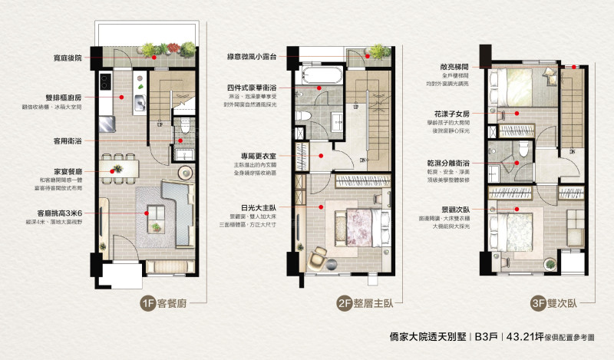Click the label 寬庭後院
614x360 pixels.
pos(77,58)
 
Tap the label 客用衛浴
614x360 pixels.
pos(75,140)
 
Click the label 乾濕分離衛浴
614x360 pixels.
pos(445,163)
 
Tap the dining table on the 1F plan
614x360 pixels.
pos(125,164)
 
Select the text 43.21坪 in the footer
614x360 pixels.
pos(530,336)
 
